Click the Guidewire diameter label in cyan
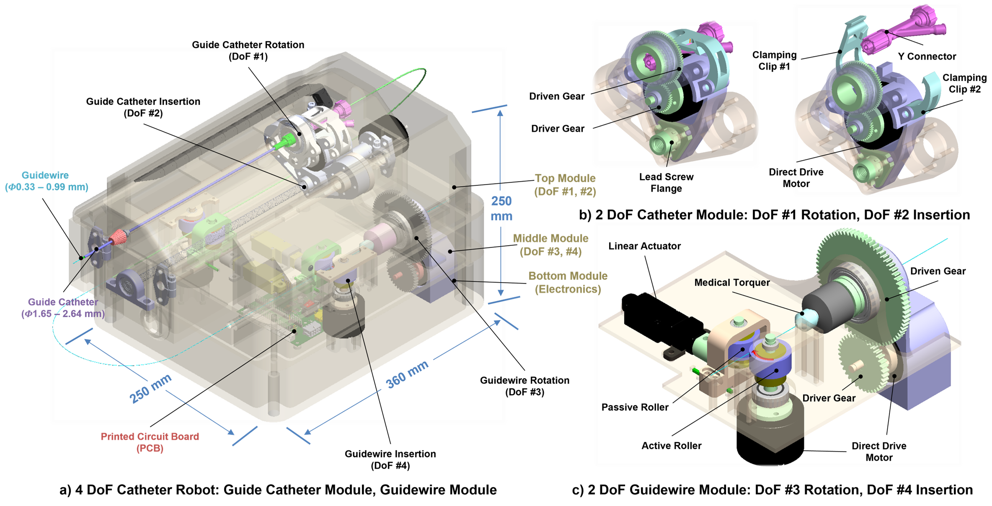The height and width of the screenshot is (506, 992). tap(46, 182)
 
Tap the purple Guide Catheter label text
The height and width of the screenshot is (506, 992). tap(63, 308)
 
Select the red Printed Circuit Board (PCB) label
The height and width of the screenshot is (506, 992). tap(150, 442)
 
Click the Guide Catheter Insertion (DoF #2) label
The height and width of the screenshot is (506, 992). tap(143, 107)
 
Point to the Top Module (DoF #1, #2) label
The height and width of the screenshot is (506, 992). tap(565, 185)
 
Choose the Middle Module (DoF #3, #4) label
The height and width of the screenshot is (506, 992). tap(550, 245)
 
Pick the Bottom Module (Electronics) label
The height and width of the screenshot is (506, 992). tap(568, 283)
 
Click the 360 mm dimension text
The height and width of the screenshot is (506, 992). tap(406, 374)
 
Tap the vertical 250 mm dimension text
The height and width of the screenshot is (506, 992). tap(501, 208)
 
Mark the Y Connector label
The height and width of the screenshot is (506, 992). tap(927, 57)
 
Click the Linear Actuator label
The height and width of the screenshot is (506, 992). tap(644, 246)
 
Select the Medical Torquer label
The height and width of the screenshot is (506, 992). tap(732, 283)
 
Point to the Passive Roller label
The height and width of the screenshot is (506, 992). tap(635, 407)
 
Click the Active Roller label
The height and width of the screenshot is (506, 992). tap(671, 446)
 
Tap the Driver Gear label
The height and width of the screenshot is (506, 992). tap(829, 398)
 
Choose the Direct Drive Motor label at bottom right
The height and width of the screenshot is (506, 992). tap(878, 452)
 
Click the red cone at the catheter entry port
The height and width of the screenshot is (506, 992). tap(118, 239)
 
